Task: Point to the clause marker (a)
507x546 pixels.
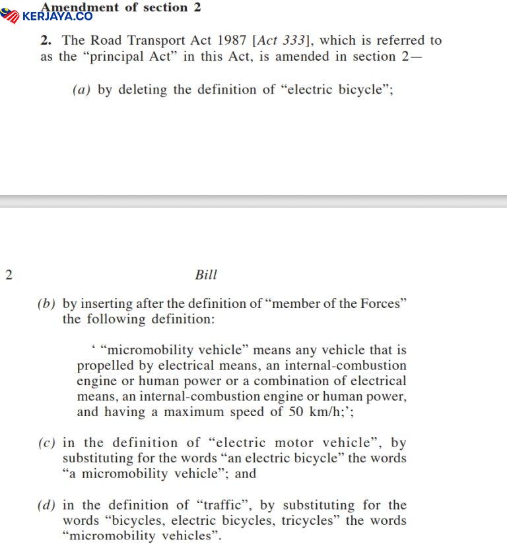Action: [x=81, y=90]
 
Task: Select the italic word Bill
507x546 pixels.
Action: [x=206, y=275]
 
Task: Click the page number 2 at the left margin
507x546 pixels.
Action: [x=9, y=275]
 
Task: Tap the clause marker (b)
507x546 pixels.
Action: [x=47, y=304]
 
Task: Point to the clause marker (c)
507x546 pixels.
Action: [x=47, y=442]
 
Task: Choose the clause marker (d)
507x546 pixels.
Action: [x=47, y=505]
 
